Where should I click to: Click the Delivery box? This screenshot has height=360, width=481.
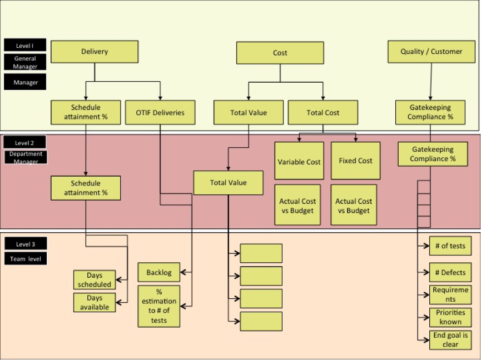(95, 52)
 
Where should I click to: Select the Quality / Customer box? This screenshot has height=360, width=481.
(432, 52)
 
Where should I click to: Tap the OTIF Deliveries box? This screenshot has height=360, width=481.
(160, 112)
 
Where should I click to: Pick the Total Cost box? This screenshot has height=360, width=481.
(323, 112)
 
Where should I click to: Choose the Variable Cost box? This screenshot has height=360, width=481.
(299, 161)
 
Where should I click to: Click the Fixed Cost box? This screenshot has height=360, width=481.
(355, 161)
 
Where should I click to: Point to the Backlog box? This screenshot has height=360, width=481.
(159, 272)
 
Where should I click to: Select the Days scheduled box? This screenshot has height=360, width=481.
(95, 280)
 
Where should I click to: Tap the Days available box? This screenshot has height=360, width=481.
(95, 302)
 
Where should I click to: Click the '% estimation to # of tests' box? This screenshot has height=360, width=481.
(159, 306)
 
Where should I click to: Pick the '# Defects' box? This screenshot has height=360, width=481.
(450, 272)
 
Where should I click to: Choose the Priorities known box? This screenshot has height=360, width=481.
(450, 317)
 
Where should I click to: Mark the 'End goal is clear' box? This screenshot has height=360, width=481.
(450, 340)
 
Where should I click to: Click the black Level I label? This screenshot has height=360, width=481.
(25, 45)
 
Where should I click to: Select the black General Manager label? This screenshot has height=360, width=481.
(25, 62)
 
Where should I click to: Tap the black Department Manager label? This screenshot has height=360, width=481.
(26, 157)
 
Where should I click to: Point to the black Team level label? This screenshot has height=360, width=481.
(26, 258)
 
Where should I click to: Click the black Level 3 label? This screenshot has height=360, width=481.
(26, 244)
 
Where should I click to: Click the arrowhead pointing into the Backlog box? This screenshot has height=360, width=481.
(183, 272)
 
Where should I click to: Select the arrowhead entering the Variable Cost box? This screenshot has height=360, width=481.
(299, 139)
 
